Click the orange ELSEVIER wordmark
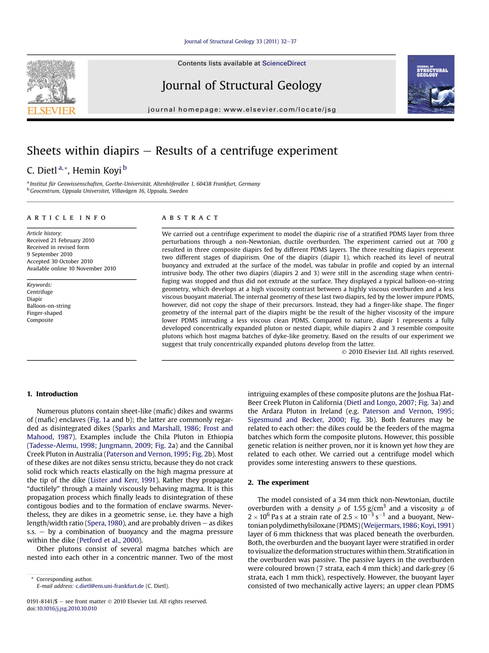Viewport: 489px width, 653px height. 51,111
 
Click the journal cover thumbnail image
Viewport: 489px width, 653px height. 431,84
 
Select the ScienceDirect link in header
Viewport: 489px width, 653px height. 284,63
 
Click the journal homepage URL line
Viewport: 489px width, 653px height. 242,110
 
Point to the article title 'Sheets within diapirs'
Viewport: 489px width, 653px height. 182,151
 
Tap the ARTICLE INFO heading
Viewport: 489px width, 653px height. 66,218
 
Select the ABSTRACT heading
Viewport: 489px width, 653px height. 190,218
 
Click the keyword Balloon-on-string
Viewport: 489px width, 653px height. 49,306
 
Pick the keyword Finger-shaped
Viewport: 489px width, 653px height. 44,313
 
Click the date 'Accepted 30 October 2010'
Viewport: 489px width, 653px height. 60,261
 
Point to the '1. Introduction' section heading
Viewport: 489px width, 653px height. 52,394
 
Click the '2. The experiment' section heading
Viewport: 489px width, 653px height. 278,482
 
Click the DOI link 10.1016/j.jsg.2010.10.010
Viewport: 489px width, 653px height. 67,608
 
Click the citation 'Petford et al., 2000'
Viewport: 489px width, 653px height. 109,540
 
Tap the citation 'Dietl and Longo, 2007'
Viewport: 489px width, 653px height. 380,402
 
